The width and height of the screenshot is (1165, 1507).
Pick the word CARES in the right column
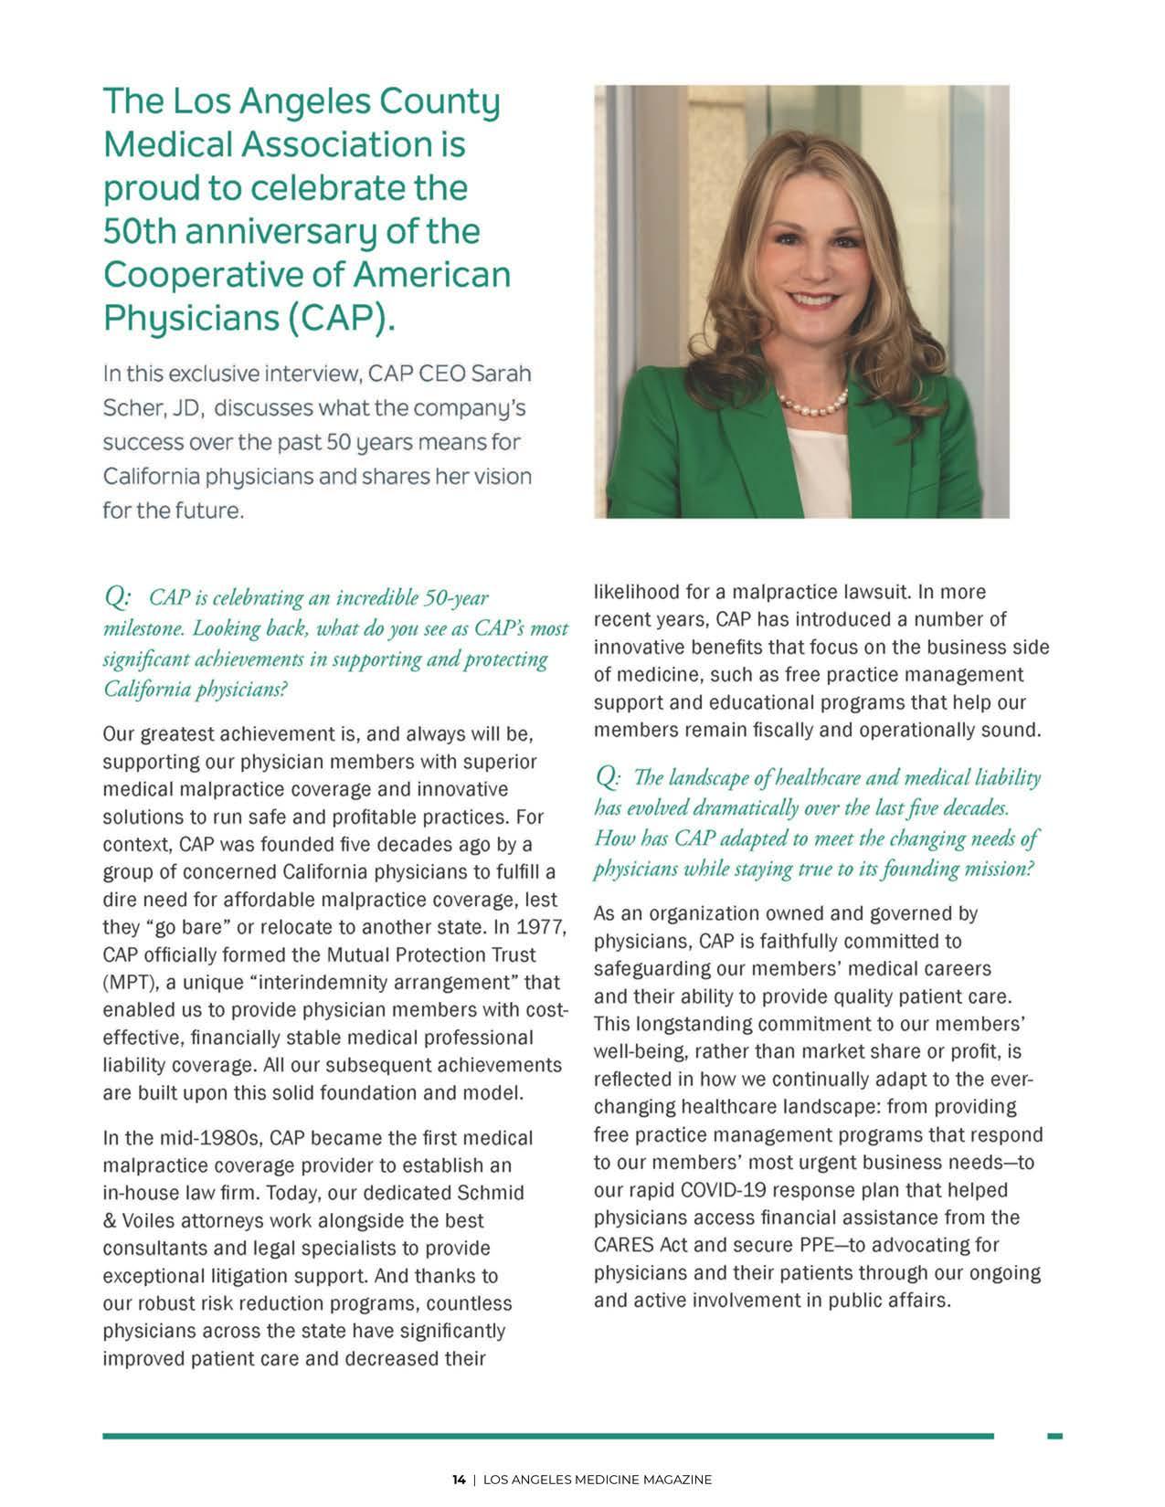click(x=622, y=1245)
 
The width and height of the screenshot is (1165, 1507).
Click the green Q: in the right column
click(x=608, y=777)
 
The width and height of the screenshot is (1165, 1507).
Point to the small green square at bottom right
click(x=1054, y=1437)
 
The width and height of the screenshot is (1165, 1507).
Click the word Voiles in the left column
click(x=151, y=1220)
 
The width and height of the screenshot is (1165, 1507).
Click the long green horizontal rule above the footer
click(x=548, y=1437)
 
